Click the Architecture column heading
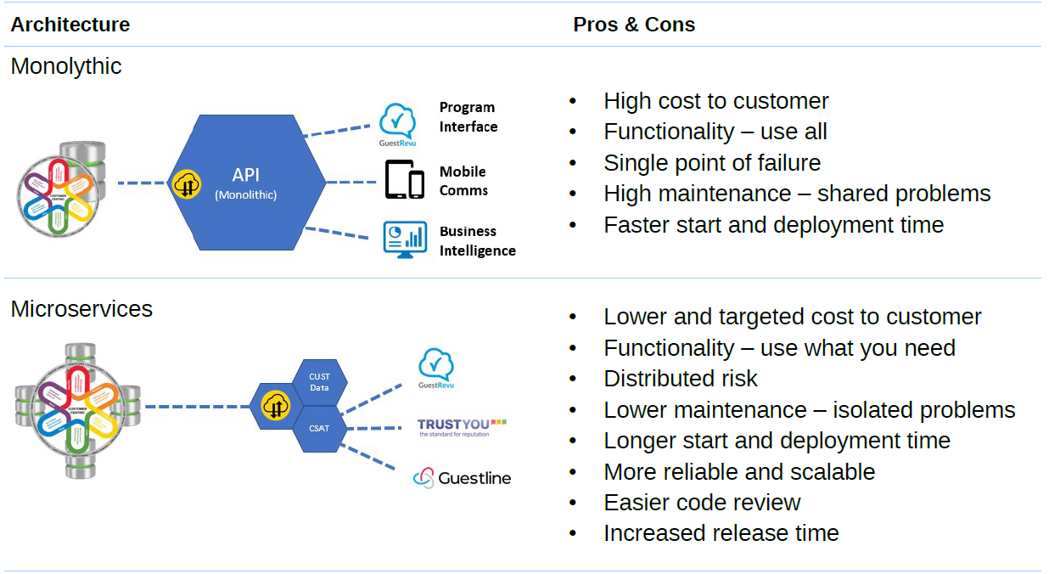(70, 25)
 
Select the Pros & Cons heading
(634, 25)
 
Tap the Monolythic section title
(66, 66)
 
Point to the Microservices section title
(81, 309)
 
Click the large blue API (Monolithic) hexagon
(246, 183)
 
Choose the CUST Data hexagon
(319, 382)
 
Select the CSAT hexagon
(319, 429)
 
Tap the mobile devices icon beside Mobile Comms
(404, 179)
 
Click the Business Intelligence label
(477, 241)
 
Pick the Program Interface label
(468, 117)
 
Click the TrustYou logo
(462, 426)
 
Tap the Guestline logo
(463, 478)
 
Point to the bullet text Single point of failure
(711, 163)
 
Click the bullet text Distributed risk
(680, 379)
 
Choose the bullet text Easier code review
(701, 503)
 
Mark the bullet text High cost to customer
(715, 101)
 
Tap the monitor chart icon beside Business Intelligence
(404, 240)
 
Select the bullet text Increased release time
(721, 533)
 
